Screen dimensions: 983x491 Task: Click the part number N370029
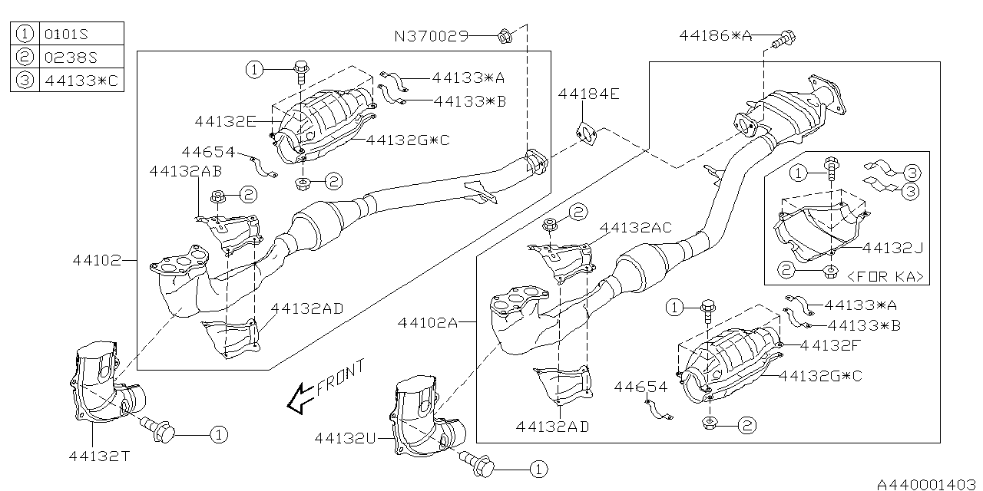[432, 36]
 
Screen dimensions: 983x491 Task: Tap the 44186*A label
[716, 35]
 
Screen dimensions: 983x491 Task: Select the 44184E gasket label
[588, 94]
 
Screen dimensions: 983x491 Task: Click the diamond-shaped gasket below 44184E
[587, 134]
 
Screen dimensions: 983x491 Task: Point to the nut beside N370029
[504, 36]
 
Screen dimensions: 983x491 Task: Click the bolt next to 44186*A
[784, 38]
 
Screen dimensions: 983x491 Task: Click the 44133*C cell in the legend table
[81, 81]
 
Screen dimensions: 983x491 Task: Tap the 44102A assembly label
[428, 323]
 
